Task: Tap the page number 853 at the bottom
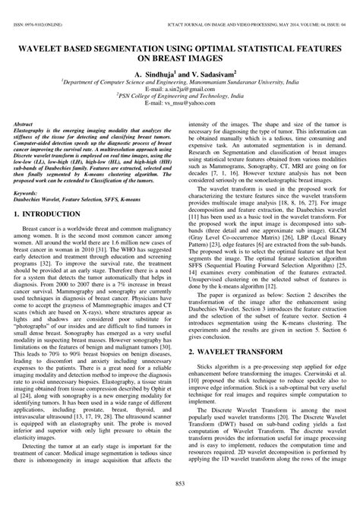180,484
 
